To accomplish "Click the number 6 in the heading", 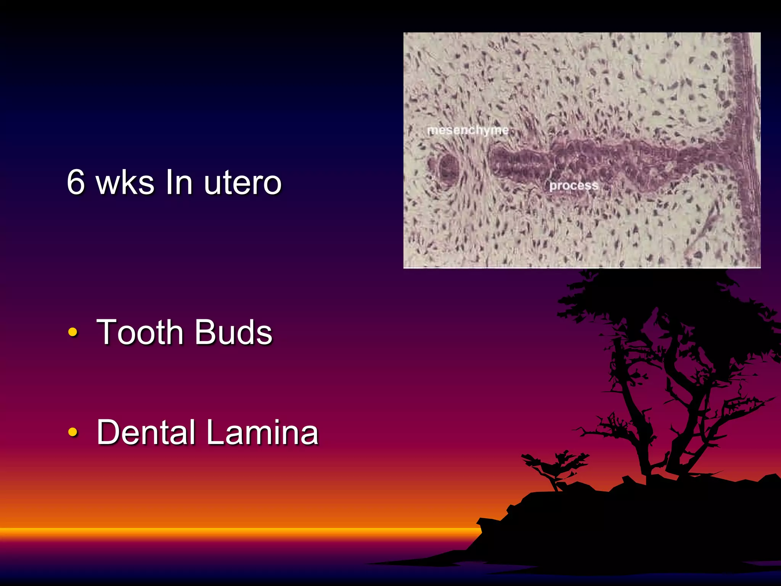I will [76, 182].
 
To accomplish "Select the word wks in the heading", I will [125, 182].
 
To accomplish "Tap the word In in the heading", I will [179, 182].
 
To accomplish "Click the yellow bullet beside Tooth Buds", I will [72, 332].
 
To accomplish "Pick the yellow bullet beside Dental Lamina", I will [72, 432].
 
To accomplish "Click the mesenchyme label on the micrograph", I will [468, 130].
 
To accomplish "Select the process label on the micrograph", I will [574, 186].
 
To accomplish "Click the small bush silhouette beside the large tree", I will [553, 465].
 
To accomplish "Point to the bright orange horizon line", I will [229, 531].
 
